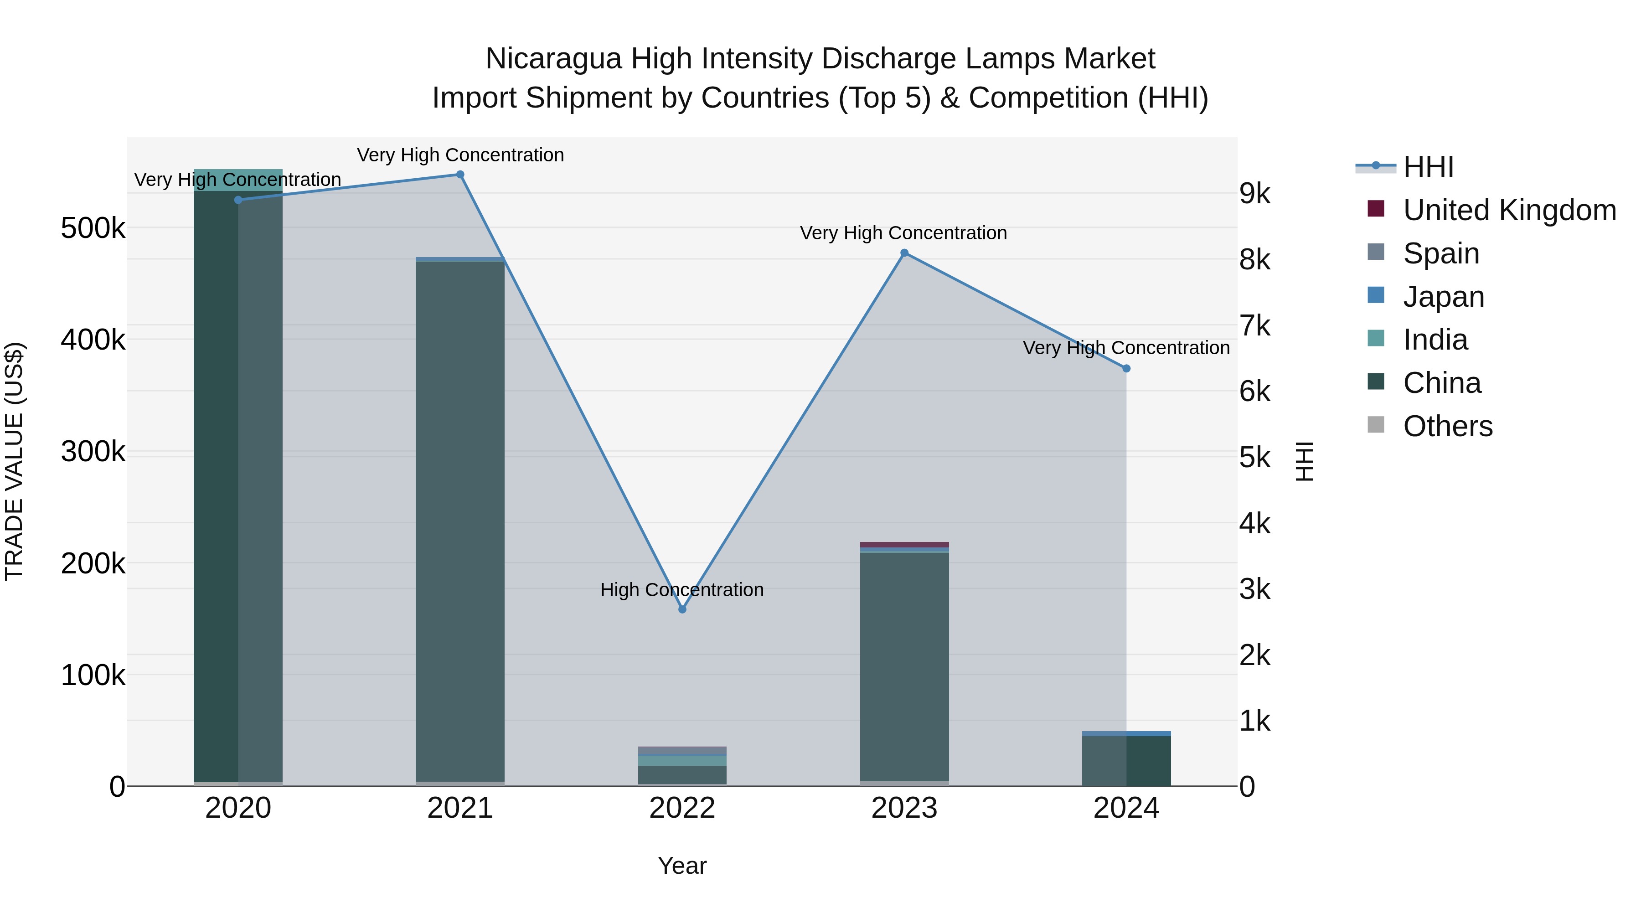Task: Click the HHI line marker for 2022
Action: pos(682,609)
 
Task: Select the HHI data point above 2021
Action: pos(460,175)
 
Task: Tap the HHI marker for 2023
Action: pos(904,253)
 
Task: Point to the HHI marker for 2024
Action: pos(1126,368)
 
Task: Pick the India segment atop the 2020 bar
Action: pos(237,180)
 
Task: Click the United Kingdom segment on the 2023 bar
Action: pos(904,545)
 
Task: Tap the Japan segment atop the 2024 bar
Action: pos(1126,734)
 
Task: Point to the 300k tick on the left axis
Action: pos(93,452)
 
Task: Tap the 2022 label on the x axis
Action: pos(682,808)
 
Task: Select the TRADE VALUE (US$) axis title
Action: pos(15,461)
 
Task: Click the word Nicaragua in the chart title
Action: pos(553,59)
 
